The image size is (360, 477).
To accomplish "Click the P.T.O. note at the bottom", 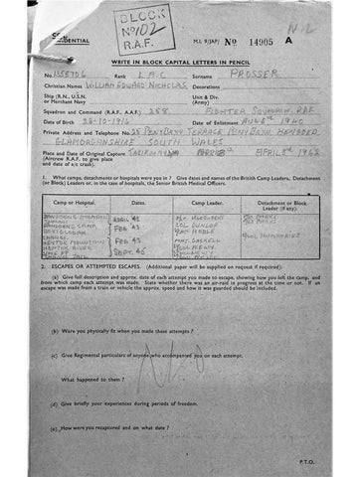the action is (x=306, y=463).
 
